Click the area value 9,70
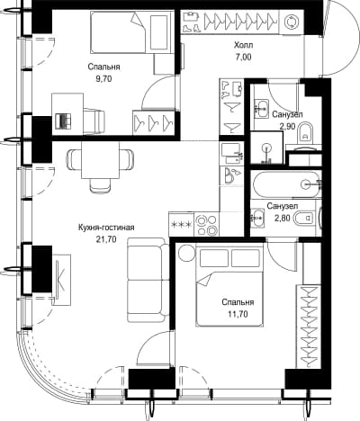103,79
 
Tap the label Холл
244,45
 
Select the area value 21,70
105,239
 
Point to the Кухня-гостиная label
106,228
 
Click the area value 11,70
238,314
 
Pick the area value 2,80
283,218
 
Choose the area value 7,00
243,57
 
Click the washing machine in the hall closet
292,22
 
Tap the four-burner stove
207,224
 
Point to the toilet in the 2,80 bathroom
303,218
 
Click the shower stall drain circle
266,148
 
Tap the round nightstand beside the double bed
186,253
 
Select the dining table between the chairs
100,160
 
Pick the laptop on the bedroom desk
64,121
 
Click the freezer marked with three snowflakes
182,224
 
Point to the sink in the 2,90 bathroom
262,108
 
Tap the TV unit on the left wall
62,280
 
